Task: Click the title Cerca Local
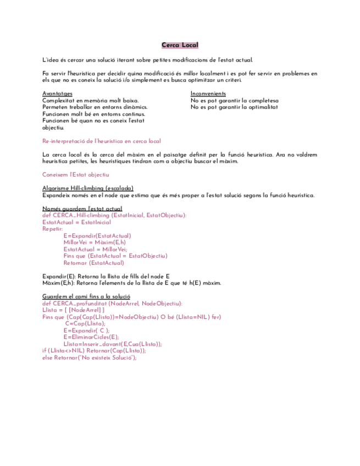coord(180,45)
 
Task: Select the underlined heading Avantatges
coord(57,94)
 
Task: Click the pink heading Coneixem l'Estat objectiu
coord(75,175)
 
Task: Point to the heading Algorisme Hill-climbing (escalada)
coord(87,188)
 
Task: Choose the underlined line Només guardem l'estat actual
coord(82,209)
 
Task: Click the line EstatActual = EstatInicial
coord(76,222)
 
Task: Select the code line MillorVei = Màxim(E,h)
coord(95,242)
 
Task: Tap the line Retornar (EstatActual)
coord(93,263)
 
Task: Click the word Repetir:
coord(53,229)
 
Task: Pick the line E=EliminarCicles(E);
coord(91,337)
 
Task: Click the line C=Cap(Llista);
coord(85,323)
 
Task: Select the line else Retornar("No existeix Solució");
coord(89,357)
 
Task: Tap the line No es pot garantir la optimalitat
coord(234,107)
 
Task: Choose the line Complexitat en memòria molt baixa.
coord(90,101)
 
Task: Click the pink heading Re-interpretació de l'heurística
coord(101,141)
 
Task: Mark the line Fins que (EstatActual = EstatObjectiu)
coord(115,256)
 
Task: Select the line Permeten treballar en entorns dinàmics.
coord(95,107)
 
